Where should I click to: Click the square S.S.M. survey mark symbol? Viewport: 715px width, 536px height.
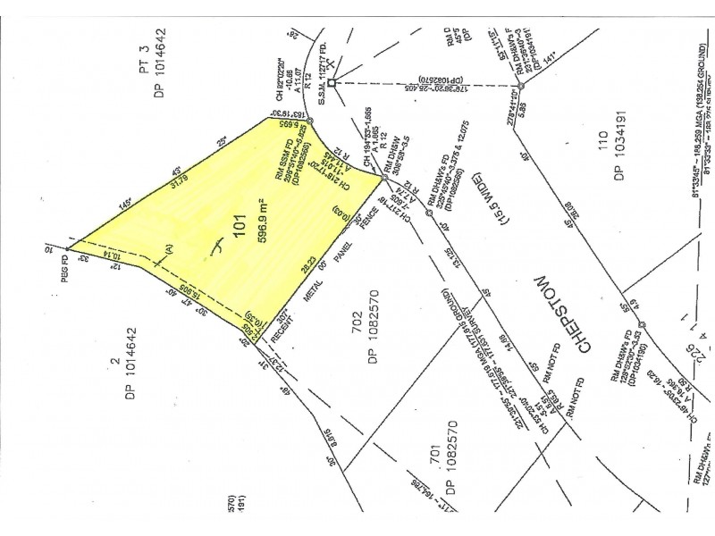(332, 84)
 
